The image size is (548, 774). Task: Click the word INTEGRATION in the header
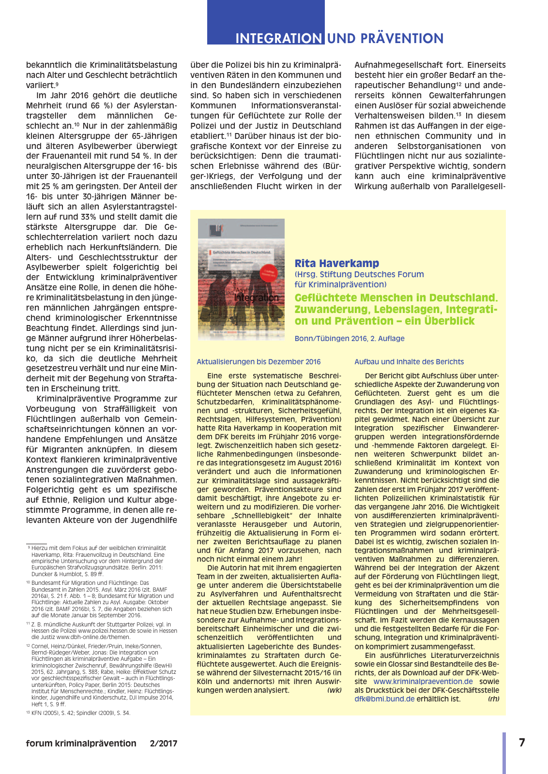point(278,38)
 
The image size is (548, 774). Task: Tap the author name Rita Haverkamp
point(337,263)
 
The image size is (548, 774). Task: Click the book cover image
point(241,279)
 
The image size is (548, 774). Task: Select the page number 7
point(522,742)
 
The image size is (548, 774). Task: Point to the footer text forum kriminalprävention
point(81,744)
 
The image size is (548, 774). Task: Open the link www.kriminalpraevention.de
point(423,682)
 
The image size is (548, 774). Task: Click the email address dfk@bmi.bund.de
point(384,699)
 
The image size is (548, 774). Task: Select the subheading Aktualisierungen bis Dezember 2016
point(259,362)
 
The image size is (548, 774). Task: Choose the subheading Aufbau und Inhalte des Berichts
point(409,362)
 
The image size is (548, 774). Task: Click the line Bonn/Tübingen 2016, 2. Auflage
point(350,339)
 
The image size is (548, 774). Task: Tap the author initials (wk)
point(334,690)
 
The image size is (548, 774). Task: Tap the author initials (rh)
point(493,699)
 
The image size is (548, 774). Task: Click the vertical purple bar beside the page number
point(504,753)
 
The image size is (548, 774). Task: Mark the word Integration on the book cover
point(256,298)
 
